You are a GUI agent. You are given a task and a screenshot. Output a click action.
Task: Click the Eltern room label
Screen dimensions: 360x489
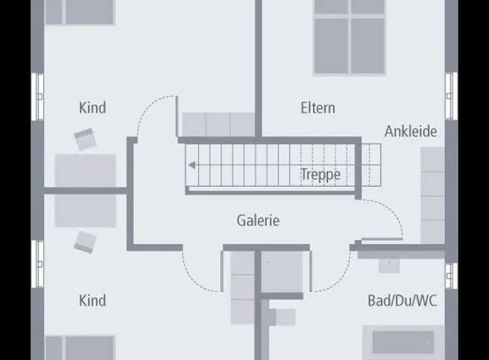(x=318, y=108)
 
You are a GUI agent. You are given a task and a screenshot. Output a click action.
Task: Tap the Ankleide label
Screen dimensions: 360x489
(x=410, y=132)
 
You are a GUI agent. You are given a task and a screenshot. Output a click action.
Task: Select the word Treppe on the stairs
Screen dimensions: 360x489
(x=321, y=175)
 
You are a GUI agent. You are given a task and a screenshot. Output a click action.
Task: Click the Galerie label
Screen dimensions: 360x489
(x=258, y=221)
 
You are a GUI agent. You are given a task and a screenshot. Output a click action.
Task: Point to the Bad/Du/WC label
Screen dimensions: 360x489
(x=402, y=300)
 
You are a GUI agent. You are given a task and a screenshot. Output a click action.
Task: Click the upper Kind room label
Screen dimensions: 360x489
(x=92, y=108)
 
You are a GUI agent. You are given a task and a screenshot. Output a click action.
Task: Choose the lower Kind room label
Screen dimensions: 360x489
(x=92, y=300)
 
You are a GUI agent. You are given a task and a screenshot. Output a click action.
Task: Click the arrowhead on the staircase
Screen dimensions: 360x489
(x=194, y=164)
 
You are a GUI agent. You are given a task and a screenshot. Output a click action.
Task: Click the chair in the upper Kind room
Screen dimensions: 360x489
(x=86, y=139)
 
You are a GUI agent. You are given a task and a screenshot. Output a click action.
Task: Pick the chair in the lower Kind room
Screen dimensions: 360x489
(x=85, y=241)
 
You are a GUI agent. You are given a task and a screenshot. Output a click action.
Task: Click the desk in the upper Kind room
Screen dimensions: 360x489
(x=86, y=170)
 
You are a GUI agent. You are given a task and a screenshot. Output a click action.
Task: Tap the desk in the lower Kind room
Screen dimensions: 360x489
(x=86, y=211)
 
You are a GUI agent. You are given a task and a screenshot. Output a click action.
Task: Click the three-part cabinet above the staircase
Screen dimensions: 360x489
(x=218, y=124)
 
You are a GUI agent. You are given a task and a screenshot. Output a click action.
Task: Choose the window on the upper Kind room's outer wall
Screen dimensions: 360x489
(x=37, y=96)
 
